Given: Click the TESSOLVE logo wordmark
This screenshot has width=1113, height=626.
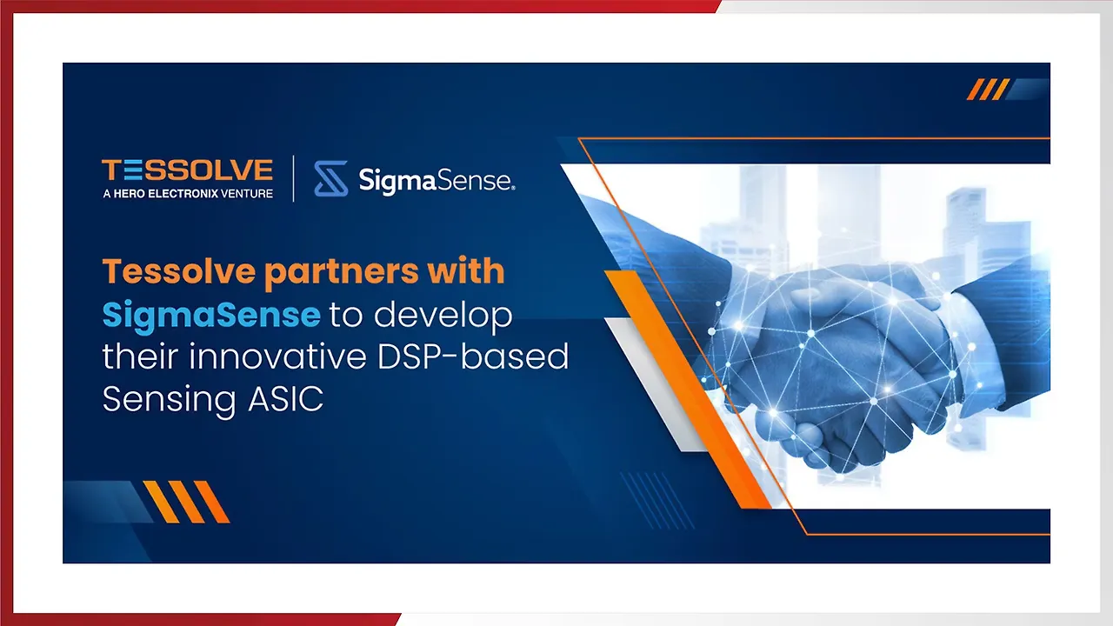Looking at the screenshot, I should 187,170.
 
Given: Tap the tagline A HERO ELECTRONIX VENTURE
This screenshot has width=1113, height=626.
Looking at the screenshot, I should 187,193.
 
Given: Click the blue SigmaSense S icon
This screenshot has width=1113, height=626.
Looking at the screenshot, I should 330,179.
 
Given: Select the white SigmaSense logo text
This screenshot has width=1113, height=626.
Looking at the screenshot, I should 437,180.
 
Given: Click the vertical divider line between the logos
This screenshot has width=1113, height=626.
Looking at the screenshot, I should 293,178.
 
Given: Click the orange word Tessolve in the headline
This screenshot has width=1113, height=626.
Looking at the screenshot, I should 177,272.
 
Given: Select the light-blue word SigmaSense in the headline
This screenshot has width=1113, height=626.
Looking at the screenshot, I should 211,315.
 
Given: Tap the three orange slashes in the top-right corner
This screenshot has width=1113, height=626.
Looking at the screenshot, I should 988,90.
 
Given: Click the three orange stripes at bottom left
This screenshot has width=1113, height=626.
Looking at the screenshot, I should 186,502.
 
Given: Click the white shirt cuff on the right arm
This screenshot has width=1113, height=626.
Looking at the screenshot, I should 966,339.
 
